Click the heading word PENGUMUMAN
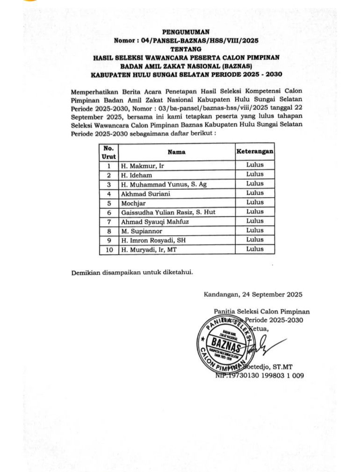tap(180, 32)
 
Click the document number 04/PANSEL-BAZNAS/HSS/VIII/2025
tap(199, 41)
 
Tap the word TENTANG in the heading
tap(180, 49)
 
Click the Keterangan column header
tap(255, 152)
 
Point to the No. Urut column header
tap(108, 152)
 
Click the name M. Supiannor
tap(143, 231)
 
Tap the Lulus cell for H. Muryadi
tap(255, 249)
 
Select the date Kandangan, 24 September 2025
tap(253, 294)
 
